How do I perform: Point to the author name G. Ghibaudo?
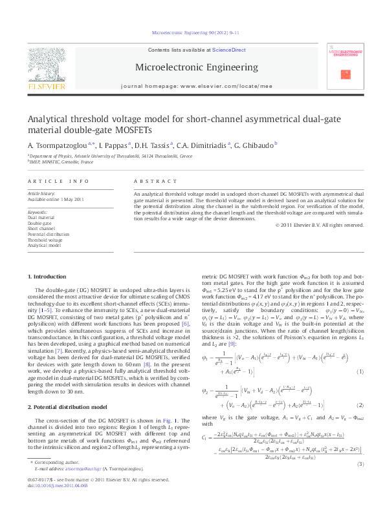pyautogui.click(x=256, y=144)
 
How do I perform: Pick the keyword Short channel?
pyautogui.click(x=41, y=229)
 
